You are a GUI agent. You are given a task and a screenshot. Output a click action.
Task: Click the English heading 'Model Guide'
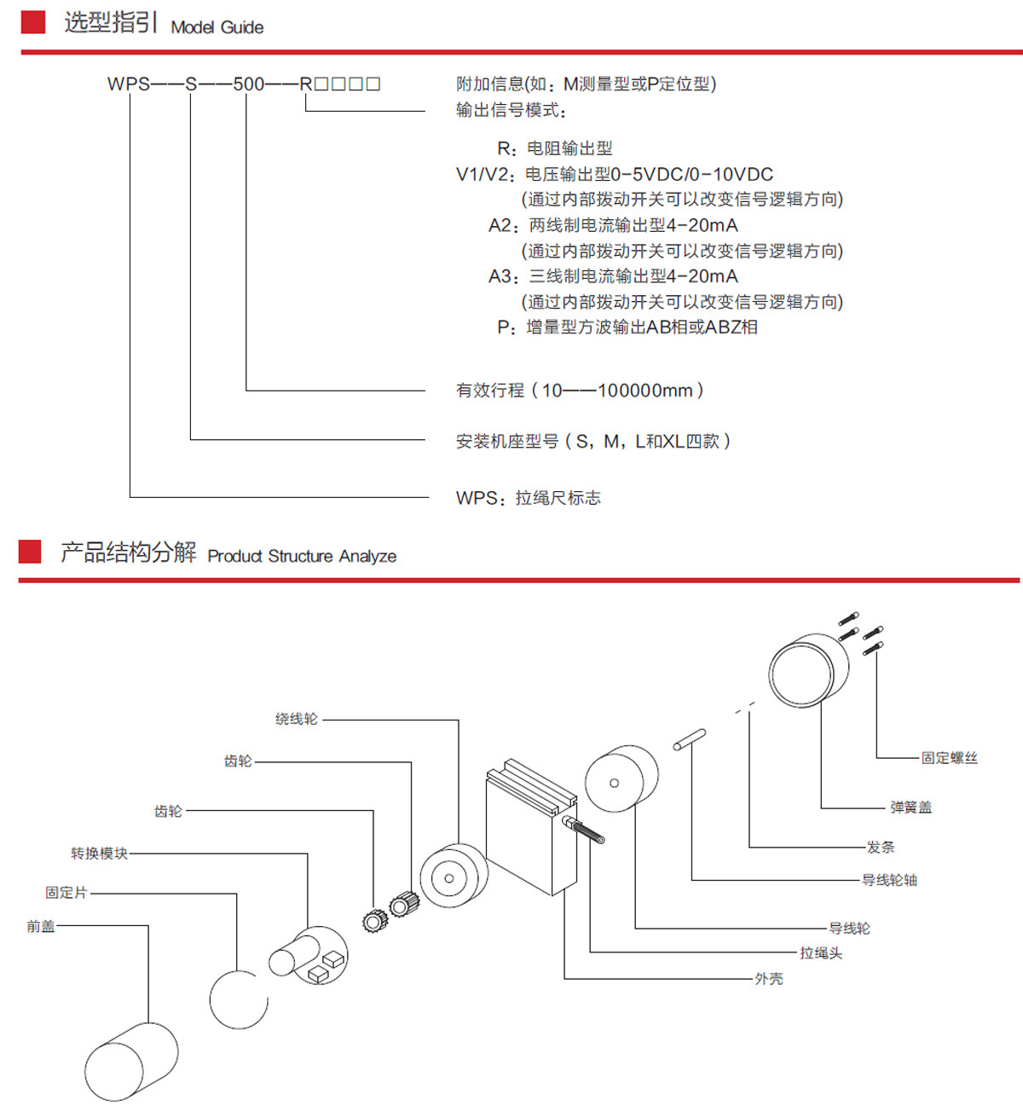217,27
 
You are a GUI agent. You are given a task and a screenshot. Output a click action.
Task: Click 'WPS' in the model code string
128,84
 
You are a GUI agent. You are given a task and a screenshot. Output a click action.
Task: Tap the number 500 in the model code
248,84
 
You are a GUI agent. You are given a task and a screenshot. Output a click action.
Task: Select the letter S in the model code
190,84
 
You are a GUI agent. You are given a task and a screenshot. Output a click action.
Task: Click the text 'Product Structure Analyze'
302,556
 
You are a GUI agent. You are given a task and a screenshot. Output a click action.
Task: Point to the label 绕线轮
296,719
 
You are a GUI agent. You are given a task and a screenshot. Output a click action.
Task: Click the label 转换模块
99,853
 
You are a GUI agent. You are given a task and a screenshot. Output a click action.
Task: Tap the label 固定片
66,892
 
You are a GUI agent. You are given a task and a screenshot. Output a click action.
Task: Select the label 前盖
40,926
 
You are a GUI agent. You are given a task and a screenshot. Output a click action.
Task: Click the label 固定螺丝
949,757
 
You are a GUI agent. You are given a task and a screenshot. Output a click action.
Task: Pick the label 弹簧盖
910,807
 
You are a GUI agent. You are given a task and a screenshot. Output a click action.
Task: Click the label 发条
880,847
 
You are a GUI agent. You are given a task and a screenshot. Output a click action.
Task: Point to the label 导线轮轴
889,879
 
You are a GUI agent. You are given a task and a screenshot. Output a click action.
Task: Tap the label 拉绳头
820,952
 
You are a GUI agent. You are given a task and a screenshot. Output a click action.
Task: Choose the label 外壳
768,978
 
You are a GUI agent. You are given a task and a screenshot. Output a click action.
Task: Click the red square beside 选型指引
32,22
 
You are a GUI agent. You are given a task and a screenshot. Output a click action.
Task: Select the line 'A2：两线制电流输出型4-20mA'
613,225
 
